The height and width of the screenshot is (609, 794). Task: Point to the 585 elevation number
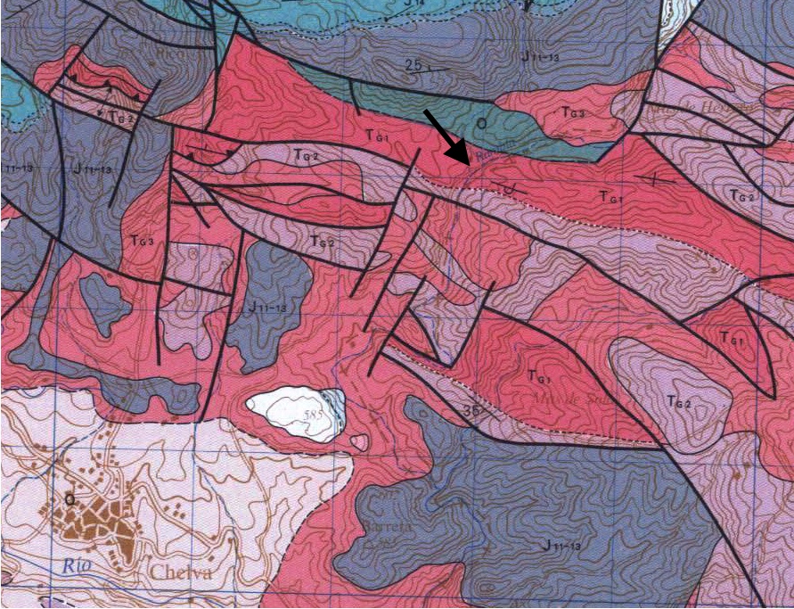313,414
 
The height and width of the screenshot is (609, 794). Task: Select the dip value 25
411,65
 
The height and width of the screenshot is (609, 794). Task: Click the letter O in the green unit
480,120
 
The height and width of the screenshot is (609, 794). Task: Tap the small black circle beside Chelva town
69,500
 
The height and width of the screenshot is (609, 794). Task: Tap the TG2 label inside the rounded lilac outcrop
678,402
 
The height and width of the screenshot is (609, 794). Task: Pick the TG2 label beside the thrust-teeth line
306,155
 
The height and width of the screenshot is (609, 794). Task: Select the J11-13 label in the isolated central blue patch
268,307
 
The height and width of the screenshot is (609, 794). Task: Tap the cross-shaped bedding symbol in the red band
658,179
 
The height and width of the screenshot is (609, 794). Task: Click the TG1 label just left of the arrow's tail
380,135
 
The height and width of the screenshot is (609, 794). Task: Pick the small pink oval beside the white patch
359,441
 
